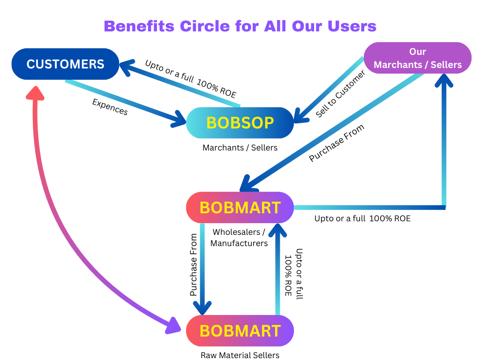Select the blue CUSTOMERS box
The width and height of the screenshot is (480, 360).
[x=65, y=64]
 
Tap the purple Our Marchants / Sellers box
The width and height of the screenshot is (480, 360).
[x=417, y=58]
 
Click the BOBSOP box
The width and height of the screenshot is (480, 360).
[x=240, y=123]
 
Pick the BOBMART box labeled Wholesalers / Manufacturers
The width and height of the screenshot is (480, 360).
[x=240, y=207]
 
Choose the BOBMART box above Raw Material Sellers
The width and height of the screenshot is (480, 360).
[x=240, y=330]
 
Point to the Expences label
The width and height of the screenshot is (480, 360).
[x=110, y=107]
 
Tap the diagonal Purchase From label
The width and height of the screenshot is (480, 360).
[x=336, y=143]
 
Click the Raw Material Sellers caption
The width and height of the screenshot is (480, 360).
[x=240, y=355]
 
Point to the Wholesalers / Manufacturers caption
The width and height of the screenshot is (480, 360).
[x=239, y=238]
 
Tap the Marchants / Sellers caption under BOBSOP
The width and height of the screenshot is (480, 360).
[x=240, y=148]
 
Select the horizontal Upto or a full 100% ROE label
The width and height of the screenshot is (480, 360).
[x=362, y=218]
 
